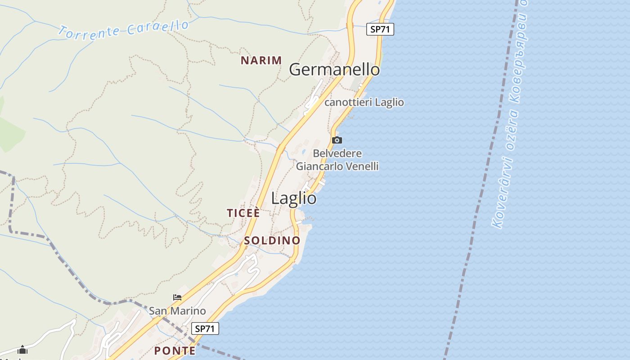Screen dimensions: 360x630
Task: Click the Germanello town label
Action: pyautogui.click(x=334, y=70)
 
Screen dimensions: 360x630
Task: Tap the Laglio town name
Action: pyautogui.click(x=294, y=198)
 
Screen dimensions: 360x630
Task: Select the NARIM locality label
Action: pyautogui.click(x=261, y=60)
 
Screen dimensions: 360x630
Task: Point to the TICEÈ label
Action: pyautogui.click(x=243, y=213)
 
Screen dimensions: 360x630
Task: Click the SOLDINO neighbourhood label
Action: pyautogui.click(x=272, y=240)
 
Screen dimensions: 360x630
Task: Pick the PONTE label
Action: pyautogui.click(x=175, y=351)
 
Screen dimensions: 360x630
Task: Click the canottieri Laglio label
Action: pyautogui.click(x=364, y=103)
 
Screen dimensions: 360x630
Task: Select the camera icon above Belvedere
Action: pyautogui.click(x=337, y=140)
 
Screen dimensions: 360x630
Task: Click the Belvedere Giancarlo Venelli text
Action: pyautogui.click(x=337, y=160)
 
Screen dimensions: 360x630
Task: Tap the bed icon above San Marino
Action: pyautogui.click(x=177, y=297)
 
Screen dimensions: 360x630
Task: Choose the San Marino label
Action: pyautogui.click(x=177, y=311)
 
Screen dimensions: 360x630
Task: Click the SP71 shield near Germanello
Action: pyautogui.click(x=380, y=30)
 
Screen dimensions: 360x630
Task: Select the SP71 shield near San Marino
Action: pyautogui.click(x=205, y=328)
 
